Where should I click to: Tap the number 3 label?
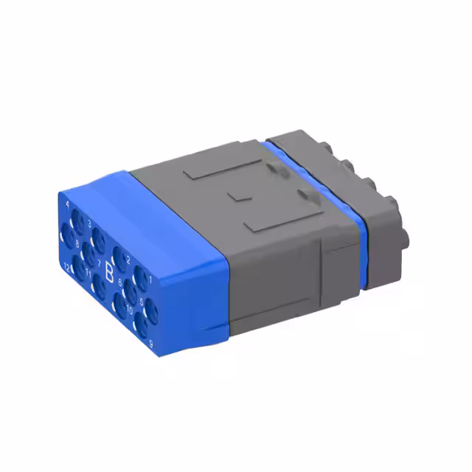tap(90, 222)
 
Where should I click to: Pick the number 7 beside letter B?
tap(99, 263)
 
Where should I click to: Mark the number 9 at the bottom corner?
tap(150, 343)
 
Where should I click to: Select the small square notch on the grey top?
tap(238, 198)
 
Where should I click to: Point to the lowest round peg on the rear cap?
tap(403, 238)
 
